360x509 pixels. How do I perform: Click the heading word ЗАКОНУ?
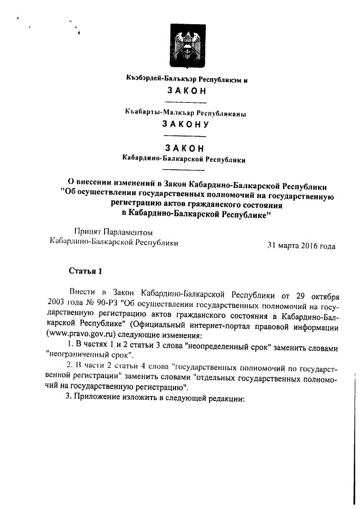tap(185, 124)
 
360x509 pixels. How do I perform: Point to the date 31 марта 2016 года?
tap(301, 246)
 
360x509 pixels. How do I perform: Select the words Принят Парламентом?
tap(112, 232)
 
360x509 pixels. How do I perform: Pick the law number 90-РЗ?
tap(92, 304)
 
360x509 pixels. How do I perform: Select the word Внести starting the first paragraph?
tap(81, 294)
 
